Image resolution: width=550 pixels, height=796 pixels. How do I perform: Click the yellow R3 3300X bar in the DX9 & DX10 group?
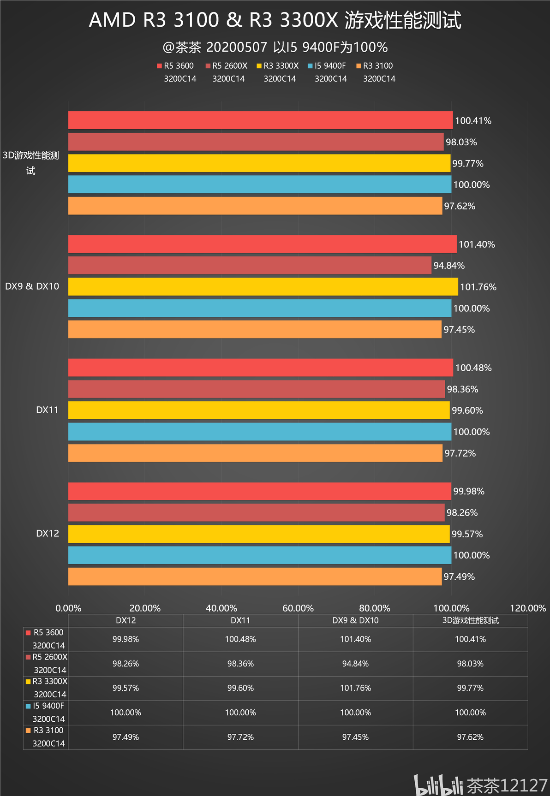[263, 286]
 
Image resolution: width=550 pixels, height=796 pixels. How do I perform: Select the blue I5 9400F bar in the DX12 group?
[259, 555]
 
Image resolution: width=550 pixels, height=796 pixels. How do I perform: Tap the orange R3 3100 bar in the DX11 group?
[255, 453]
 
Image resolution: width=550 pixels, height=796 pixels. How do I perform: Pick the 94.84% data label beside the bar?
[448, 266]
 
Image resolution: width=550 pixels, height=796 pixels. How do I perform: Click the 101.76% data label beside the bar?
[478, 287]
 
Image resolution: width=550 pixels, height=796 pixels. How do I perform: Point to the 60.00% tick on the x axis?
[298, 608]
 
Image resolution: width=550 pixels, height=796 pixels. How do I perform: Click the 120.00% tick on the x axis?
[527, 608]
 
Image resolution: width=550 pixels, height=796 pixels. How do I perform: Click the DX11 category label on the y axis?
[47, 410]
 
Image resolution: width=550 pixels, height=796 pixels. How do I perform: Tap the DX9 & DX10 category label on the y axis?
[32, 286]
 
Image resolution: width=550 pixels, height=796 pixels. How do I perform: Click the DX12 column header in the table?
[126, 621]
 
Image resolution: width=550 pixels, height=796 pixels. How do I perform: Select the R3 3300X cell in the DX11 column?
[240, 688]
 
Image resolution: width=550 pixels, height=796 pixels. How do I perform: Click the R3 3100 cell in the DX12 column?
[126, 737]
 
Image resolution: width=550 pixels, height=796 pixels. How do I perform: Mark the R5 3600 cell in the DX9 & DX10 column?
[355, 639]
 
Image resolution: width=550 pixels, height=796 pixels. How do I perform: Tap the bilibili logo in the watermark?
[438, 785]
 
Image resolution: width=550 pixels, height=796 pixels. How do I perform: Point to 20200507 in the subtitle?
[236, 47]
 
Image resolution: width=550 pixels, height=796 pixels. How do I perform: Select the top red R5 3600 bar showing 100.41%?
[260, 120]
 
